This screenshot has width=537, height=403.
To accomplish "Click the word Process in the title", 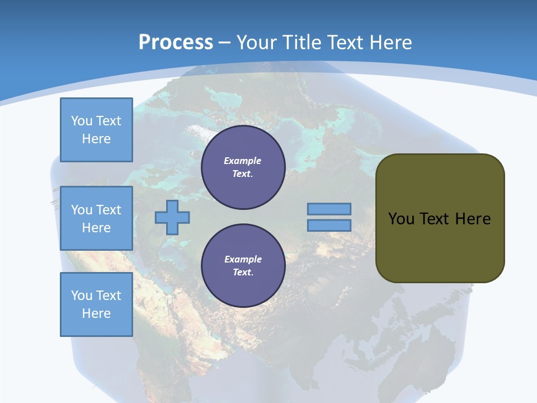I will (176, 43).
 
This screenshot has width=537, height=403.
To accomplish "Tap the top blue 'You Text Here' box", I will (96, 130).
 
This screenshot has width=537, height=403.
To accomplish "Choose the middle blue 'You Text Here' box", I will (96, 218).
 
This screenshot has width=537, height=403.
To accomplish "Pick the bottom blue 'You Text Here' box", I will (96, 304).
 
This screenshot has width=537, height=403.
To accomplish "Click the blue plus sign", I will (172, 217).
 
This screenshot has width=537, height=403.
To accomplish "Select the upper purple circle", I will (243, 167).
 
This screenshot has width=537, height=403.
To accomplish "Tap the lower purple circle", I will (243, 266).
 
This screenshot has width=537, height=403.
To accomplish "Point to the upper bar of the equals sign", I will (329, 209).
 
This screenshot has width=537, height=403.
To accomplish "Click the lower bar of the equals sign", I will (329, 226).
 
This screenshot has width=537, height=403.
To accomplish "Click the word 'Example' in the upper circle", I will (243, 161).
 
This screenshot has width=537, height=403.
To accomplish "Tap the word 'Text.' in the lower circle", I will (243, 273).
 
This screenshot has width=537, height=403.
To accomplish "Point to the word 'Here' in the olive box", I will (473, 219).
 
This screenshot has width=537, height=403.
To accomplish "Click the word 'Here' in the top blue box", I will (96, 139).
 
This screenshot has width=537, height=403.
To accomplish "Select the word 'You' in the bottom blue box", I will (82, 296).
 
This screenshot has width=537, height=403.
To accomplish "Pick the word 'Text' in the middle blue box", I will (108, 210).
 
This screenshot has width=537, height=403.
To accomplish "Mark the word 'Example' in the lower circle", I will (243, 259).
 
